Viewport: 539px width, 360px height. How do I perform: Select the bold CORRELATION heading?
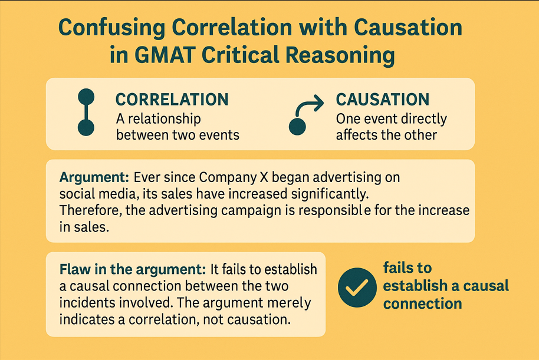click(172, 99)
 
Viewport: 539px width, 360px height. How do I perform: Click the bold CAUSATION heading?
click(382, 99)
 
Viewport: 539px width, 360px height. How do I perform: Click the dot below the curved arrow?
click(297, 125)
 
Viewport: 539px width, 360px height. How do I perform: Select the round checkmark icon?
click(356, 286)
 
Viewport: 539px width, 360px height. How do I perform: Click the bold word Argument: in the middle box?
click(94, 177)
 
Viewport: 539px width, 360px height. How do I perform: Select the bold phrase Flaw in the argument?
click(132, 270)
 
